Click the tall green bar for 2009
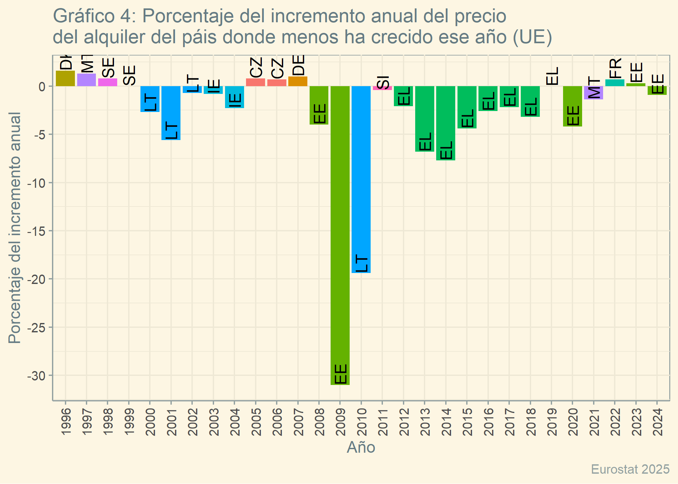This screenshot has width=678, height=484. (340, 236)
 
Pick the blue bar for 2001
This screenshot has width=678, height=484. (171, 113)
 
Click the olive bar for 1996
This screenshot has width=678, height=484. (65, 78)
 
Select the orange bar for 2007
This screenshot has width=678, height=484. (298, 81)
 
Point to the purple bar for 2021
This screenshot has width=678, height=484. (593, 93)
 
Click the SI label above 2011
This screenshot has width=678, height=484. (383, 82)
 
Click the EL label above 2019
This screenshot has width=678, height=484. (552, 76)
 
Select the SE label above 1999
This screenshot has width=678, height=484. (129, 75)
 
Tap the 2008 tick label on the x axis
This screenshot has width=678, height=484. (319, 422)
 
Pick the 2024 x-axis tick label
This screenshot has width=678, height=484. (657, 422)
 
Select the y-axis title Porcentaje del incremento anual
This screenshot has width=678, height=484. (15, 228)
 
